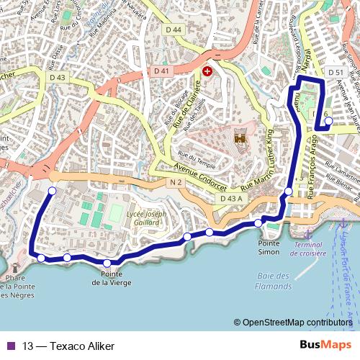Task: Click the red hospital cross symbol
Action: (x=207, y=71)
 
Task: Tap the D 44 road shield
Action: (x=174, y=30)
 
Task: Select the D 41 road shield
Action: (x=161, y=71)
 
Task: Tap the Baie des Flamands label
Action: (x=271, y=281)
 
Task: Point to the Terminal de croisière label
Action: (x=309, y=249)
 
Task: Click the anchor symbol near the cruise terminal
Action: (x=307, y=235)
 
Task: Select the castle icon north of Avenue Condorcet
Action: (x=240, y=135)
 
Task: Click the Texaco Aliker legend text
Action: (x=68, y=346)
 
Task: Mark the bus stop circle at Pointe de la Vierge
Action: (x=107, y=263)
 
